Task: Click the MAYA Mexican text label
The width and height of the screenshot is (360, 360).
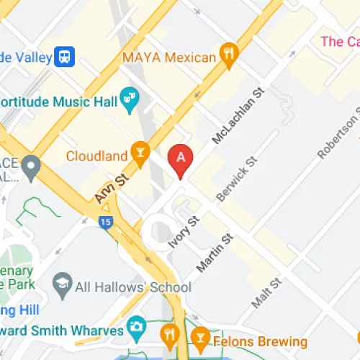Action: tap(169, 57)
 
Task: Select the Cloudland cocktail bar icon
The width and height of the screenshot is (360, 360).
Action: tap(139, 154)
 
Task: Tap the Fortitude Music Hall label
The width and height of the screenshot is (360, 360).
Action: tap(58, 102)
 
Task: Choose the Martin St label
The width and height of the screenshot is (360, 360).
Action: tap(215, 253)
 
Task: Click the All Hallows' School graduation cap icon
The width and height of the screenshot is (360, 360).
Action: tap(63, 287)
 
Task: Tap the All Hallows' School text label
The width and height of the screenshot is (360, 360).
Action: tap(133, 287)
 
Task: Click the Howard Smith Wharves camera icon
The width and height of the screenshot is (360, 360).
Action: tap(135, 329)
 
